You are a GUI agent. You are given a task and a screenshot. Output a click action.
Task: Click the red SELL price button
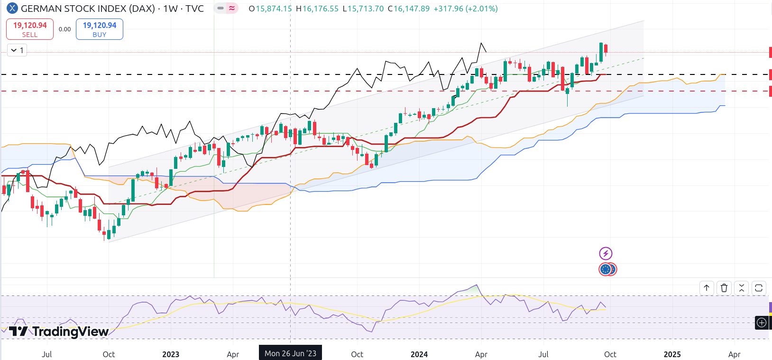point(30,29)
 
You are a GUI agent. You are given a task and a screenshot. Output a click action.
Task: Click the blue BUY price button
point(100,29)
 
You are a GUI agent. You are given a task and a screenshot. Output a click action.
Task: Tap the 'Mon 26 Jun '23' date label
point(290,353)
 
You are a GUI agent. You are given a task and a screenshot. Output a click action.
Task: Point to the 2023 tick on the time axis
point(171,354)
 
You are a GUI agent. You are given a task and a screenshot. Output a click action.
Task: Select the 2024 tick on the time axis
point(419,354)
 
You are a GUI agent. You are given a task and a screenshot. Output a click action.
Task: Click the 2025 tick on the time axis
point(672,354)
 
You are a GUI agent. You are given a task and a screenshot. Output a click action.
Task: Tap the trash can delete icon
point(724,288)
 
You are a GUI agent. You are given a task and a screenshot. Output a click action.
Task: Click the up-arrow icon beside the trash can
point(707,288)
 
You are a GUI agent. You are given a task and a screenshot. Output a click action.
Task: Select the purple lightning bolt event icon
point(606,253)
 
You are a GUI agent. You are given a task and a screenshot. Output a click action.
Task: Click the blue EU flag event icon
point(605,269)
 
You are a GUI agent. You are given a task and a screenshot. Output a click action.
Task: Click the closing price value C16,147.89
point(408,9)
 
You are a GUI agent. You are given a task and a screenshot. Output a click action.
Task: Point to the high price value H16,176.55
point(317,9)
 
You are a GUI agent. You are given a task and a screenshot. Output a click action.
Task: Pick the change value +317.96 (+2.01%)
point(466,9)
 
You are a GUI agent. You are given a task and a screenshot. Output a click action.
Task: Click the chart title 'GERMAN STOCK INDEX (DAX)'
point(88,9)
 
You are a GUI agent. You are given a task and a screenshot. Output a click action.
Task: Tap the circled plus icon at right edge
point(762,323)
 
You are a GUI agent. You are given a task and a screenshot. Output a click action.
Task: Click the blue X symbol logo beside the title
point(12,9)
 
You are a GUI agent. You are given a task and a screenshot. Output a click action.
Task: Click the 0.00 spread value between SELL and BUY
point(64,29)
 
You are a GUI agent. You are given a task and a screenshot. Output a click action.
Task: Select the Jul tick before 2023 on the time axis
point(46,354)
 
